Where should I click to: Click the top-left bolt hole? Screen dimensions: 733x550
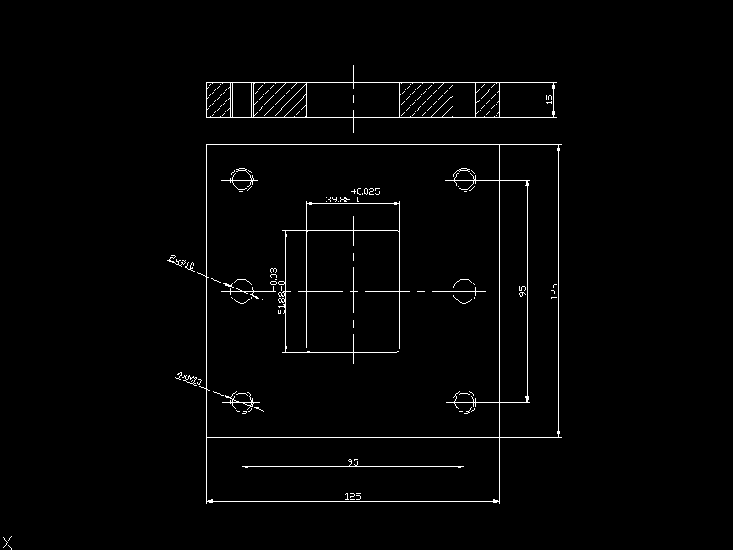point(242,179)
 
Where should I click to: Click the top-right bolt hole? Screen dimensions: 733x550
point(464,179)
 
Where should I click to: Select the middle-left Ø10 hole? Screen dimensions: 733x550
point(242,290)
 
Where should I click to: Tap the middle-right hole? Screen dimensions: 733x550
point(464,290)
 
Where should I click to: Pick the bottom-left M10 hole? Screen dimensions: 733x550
point(242,401)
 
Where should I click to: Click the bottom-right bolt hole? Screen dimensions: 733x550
point(464,401)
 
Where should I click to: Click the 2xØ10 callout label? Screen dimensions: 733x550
point(182,262)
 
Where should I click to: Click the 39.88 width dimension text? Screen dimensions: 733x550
point(339,200)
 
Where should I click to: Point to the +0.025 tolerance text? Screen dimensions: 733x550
point(366,191)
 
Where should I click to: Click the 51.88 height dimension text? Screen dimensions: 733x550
point(281,302)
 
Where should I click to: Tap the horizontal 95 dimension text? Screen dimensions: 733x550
point(353,462)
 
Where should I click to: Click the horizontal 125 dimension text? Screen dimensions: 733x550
point(353,497)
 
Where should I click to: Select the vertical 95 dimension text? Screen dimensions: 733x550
point(523,290)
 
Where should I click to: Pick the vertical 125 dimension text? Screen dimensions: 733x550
point(554,290)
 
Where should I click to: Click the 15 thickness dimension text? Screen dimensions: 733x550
point(550,100)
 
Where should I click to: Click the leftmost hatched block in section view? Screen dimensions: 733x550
point(219,100)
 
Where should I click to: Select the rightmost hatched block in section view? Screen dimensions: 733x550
point(487,100)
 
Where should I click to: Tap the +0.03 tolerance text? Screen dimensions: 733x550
point(274,279)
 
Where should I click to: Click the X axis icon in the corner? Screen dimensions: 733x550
point(8,542)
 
